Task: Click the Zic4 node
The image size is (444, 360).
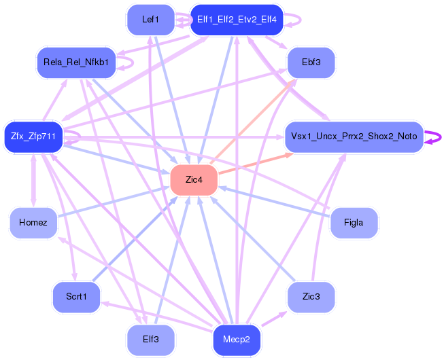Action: click(194, 180)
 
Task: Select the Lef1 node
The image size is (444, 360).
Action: click(150, 20)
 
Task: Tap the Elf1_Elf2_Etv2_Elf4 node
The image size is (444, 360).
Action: click(237, 20)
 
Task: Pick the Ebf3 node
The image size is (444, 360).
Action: click(311, 62)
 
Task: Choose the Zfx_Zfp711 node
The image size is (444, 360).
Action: click(33, 137)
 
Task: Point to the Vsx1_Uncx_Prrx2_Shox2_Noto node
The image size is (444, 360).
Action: click(354, 137)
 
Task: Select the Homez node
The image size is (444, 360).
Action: click(33, 223)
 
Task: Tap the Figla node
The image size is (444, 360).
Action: click(354, 223)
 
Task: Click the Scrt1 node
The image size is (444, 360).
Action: click(76, 298)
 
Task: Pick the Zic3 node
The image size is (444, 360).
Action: click(311, 298)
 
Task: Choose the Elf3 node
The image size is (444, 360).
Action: click(150, 339)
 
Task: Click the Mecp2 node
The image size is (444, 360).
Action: click(237, 339)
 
